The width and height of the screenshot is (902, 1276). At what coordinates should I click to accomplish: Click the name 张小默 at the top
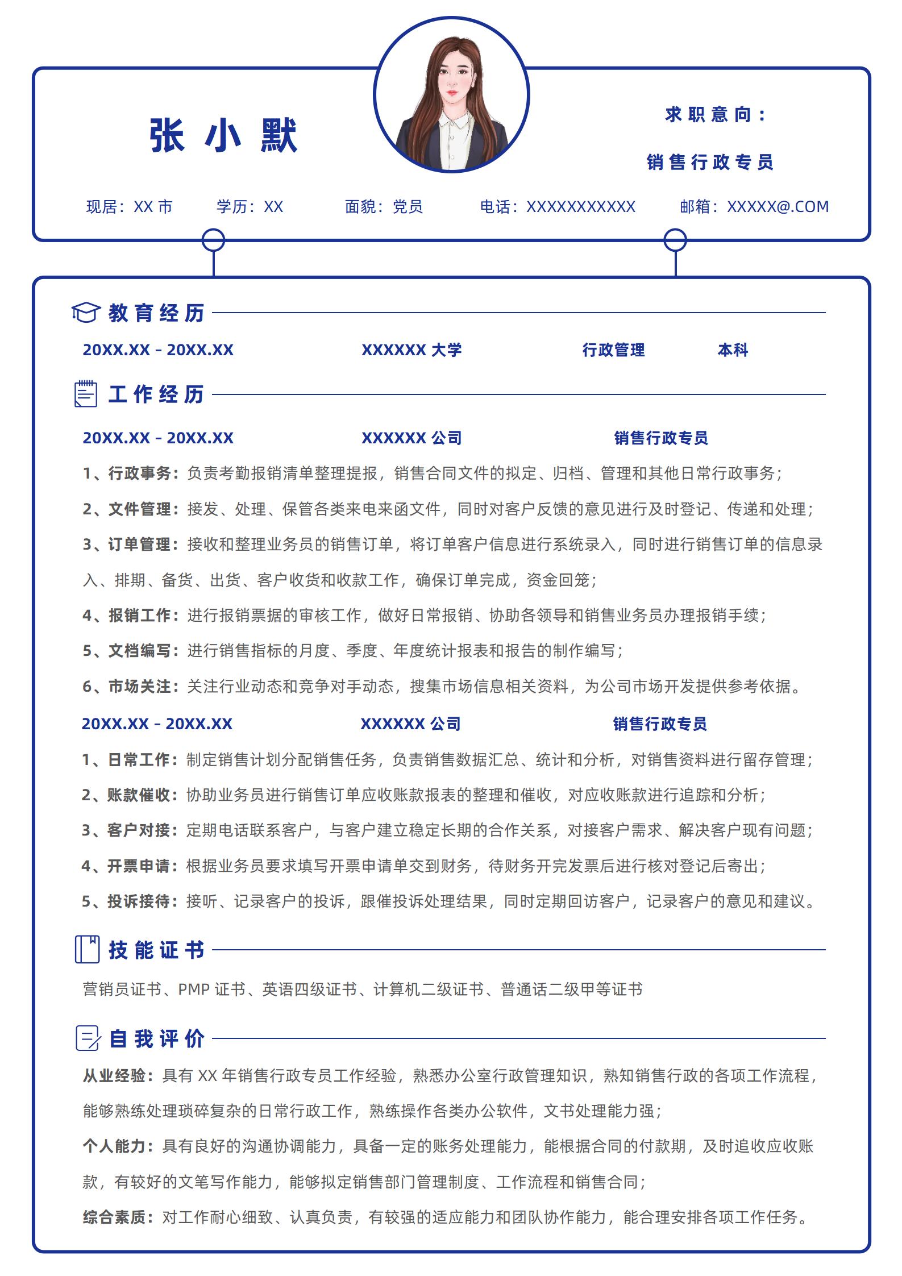coord(223,136)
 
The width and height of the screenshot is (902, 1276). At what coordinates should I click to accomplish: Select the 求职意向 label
coord(715,115)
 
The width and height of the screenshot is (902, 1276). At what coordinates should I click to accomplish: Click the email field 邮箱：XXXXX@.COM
coord(754,207)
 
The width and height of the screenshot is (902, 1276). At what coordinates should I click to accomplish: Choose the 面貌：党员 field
coord(384,207)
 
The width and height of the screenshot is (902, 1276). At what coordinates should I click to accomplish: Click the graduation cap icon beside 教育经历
coord(86,313)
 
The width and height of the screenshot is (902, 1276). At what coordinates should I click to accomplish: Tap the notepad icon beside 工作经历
coord(86,394)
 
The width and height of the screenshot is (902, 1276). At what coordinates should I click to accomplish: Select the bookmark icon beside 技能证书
coord(87,949)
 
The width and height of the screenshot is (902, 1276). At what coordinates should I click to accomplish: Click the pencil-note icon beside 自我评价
coord(88,1038)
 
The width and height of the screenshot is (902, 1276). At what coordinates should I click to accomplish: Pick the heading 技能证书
coord(156,950)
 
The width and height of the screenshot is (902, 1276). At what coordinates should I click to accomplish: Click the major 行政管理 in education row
coord(613,350)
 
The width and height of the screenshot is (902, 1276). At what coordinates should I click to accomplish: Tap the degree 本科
coord(733,350)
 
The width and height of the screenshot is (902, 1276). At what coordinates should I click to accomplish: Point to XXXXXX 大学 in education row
coord(411,350)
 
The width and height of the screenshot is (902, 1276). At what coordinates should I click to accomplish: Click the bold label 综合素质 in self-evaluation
coord(118,1217)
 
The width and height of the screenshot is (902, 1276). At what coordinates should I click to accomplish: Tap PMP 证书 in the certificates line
coord(211,990)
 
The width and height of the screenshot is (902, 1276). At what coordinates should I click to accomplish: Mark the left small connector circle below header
coord(213,240)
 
